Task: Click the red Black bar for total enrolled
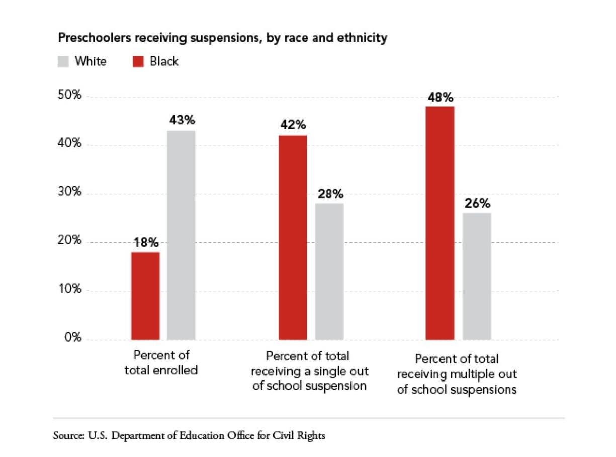click(145, 295)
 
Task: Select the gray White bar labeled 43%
click(181, 235)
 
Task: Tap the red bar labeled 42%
click(293, 238)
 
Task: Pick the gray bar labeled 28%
click(329, 271)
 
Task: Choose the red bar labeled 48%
click(440, 223)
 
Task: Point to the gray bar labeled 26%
click(477, 276)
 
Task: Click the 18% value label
click(146, 242)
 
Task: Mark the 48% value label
click(441, 97)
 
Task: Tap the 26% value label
click(477, 204)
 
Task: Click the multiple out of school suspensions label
click(457, 374)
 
